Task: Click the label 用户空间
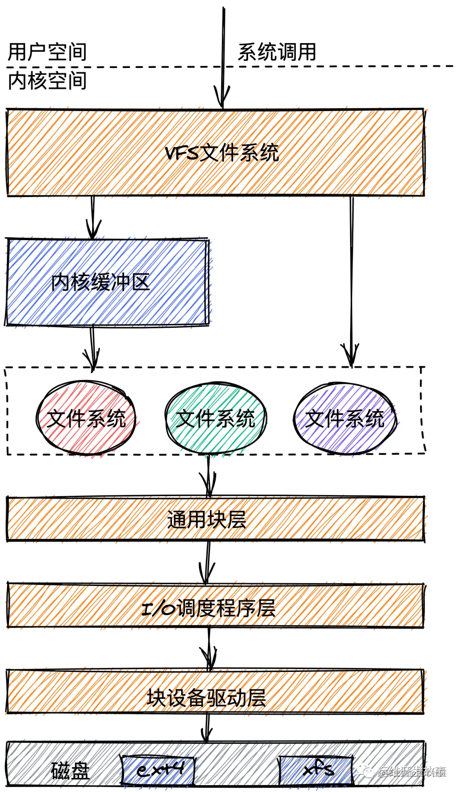(x=47, y=53)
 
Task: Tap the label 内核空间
(x=47, y=81)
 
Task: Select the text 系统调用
(x=277, y=53)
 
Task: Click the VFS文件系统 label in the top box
(x=222, y=153)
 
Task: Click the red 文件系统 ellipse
(x=86, y=418)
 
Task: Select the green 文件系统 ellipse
(x=216, y=418)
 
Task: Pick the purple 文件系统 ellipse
(x=345, y=418)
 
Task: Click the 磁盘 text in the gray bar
(x=70, y=770)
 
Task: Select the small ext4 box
(x=158, y=770)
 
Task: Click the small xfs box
(x=316, y=770)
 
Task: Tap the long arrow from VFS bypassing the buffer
(x=351, y=278)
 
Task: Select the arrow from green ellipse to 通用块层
(x=208, y=477)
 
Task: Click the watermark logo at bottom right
(x=365, y=770)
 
